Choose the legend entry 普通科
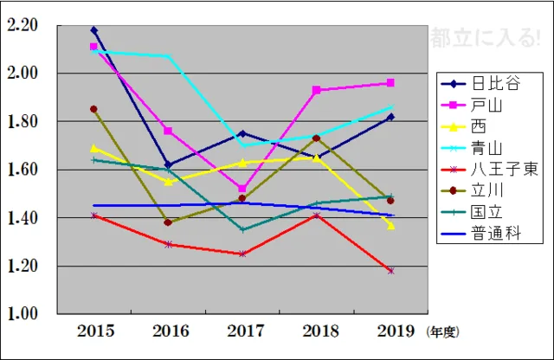[x=490, y=234]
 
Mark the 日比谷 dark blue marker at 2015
[x=94, y=30]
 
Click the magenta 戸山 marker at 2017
[x=242, y=189]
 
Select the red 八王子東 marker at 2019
[x=390, y=271]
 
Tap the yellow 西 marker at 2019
[x=390, y=226]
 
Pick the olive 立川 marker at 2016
[x=168, y=222]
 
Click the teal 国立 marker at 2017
[x=242, y=230]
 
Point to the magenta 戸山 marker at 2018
[x=317, y=90]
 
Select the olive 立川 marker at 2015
[x=94, y=109]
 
